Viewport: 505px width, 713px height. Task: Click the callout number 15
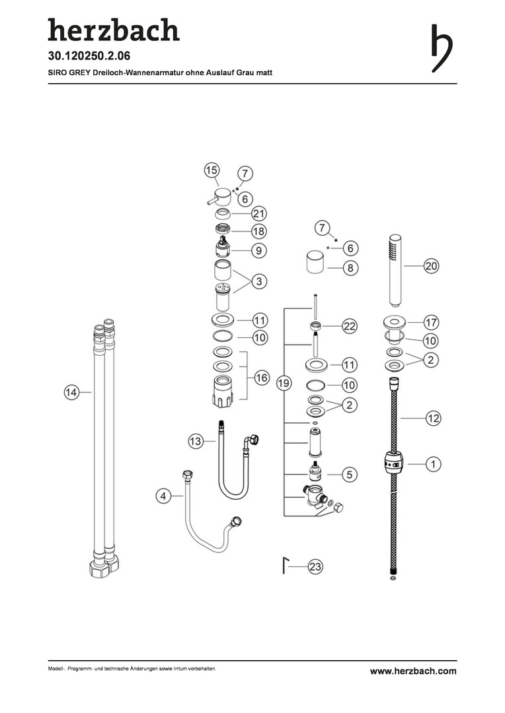point(212,170)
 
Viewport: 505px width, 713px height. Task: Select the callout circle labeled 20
point(431,266)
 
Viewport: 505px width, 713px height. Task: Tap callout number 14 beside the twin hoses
point(71,392)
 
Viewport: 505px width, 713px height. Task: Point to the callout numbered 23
point(315,566)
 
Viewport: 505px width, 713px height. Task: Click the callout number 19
point(284,384)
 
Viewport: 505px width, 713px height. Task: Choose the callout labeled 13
point(196,441)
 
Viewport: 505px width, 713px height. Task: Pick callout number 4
point(163,496)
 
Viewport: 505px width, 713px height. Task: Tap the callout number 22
point(350,326)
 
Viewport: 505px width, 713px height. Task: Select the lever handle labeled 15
point(220,197)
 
